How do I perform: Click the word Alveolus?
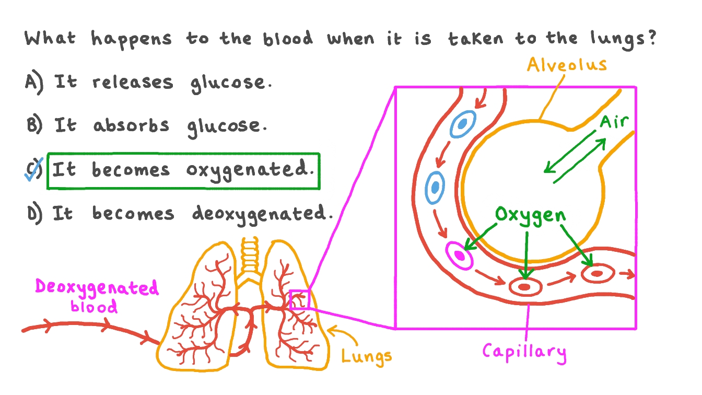(567, 65)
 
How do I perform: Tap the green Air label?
(614, 122)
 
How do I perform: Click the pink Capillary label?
(524, 352)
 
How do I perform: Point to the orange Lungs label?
(367, 357)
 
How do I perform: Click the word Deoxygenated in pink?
(97, 287)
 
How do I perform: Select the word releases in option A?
(133, 83)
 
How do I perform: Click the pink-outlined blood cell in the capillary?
(460, 255)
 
